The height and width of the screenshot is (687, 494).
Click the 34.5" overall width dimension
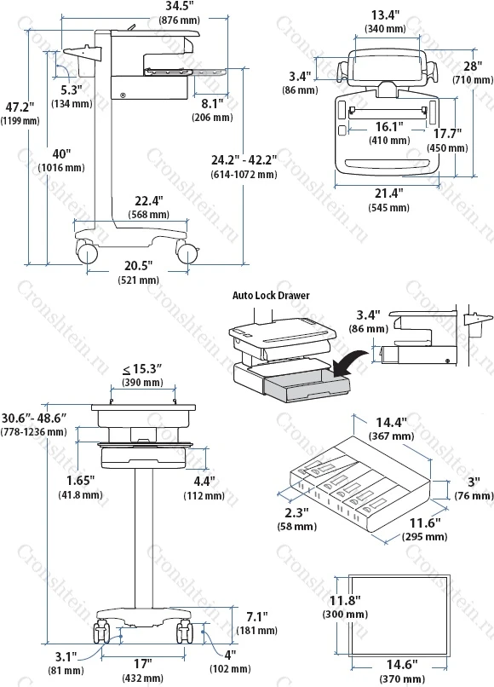[180, 6]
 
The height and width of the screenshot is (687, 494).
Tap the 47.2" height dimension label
[20, 107]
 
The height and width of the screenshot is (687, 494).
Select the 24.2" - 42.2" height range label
[244, 160]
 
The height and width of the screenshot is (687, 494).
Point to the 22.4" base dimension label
[149, 201]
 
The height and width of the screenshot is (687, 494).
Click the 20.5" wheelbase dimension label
[138, 266]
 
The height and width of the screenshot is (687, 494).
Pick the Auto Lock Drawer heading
[271, 295]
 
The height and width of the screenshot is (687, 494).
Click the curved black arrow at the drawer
[349, 361]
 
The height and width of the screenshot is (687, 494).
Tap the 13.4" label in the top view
[385, 15]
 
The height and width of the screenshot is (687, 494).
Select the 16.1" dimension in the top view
[389, 127]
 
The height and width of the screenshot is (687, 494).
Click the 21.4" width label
[389, 193]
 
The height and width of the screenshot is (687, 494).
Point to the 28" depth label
[473, 66]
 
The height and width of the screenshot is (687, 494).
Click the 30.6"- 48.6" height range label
[34, 418]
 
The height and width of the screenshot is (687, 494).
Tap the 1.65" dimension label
[81, 481]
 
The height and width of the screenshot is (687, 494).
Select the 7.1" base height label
[256, 617]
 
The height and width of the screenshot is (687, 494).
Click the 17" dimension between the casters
[143, 664]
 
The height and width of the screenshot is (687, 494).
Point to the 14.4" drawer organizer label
[392, 423]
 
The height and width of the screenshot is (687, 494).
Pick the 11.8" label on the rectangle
[345, 600]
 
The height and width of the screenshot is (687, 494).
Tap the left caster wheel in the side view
[88, 254]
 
